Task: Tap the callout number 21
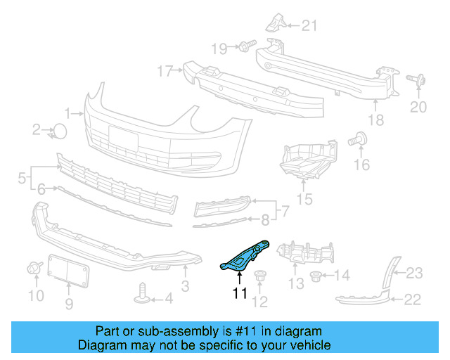click(x=310, y=27)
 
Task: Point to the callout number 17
click(x=164, y=70)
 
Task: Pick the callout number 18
click(x=376, y=120)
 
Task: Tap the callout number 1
click(x=69, y=112)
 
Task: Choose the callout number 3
click(x=185, y=286)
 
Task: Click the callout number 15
click(x=304, y=200)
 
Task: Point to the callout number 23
click(x=414, y=273)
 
